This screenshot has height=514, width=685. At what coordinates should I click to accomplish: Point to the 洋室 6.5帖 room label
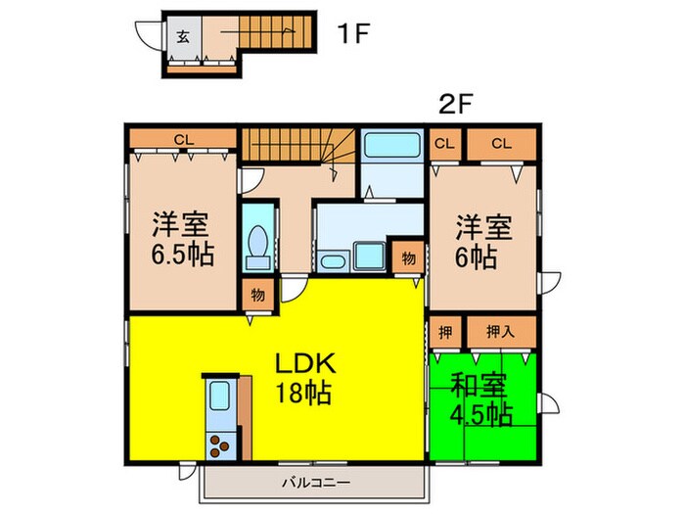coord(183,240)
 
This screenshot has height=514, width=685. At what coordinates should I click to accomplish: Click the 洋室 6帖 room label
coord(483,242)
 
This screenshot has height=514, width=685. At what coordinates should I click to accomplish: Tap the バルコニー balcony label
coord(316,481)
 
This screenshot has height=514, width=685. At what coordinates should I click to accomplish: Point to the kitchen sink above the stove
coord(218,397)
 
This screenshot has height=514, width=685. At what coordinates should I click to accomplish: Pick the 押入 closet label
coord(500,331)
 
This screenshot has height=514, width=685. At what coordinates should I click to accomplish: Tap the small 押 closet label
coord(443,331)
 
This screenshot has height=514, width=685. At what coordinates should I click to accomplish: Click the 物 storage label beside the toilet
coord(256,294)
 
